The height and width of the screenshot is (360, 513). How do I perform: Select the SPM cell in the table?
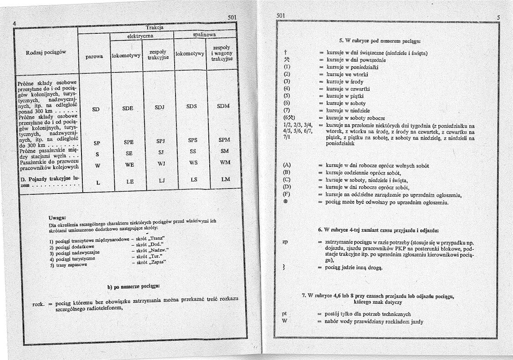tap(224, 140)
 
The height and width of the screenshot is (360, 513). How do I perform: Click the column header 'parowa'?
tap(94, 57)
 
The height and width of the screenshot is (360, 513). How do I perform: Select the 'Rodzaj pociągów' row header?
tap(46, 52)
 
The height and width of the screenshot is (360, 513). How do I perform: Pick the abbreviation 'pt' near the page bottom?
tap(284, 313)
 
